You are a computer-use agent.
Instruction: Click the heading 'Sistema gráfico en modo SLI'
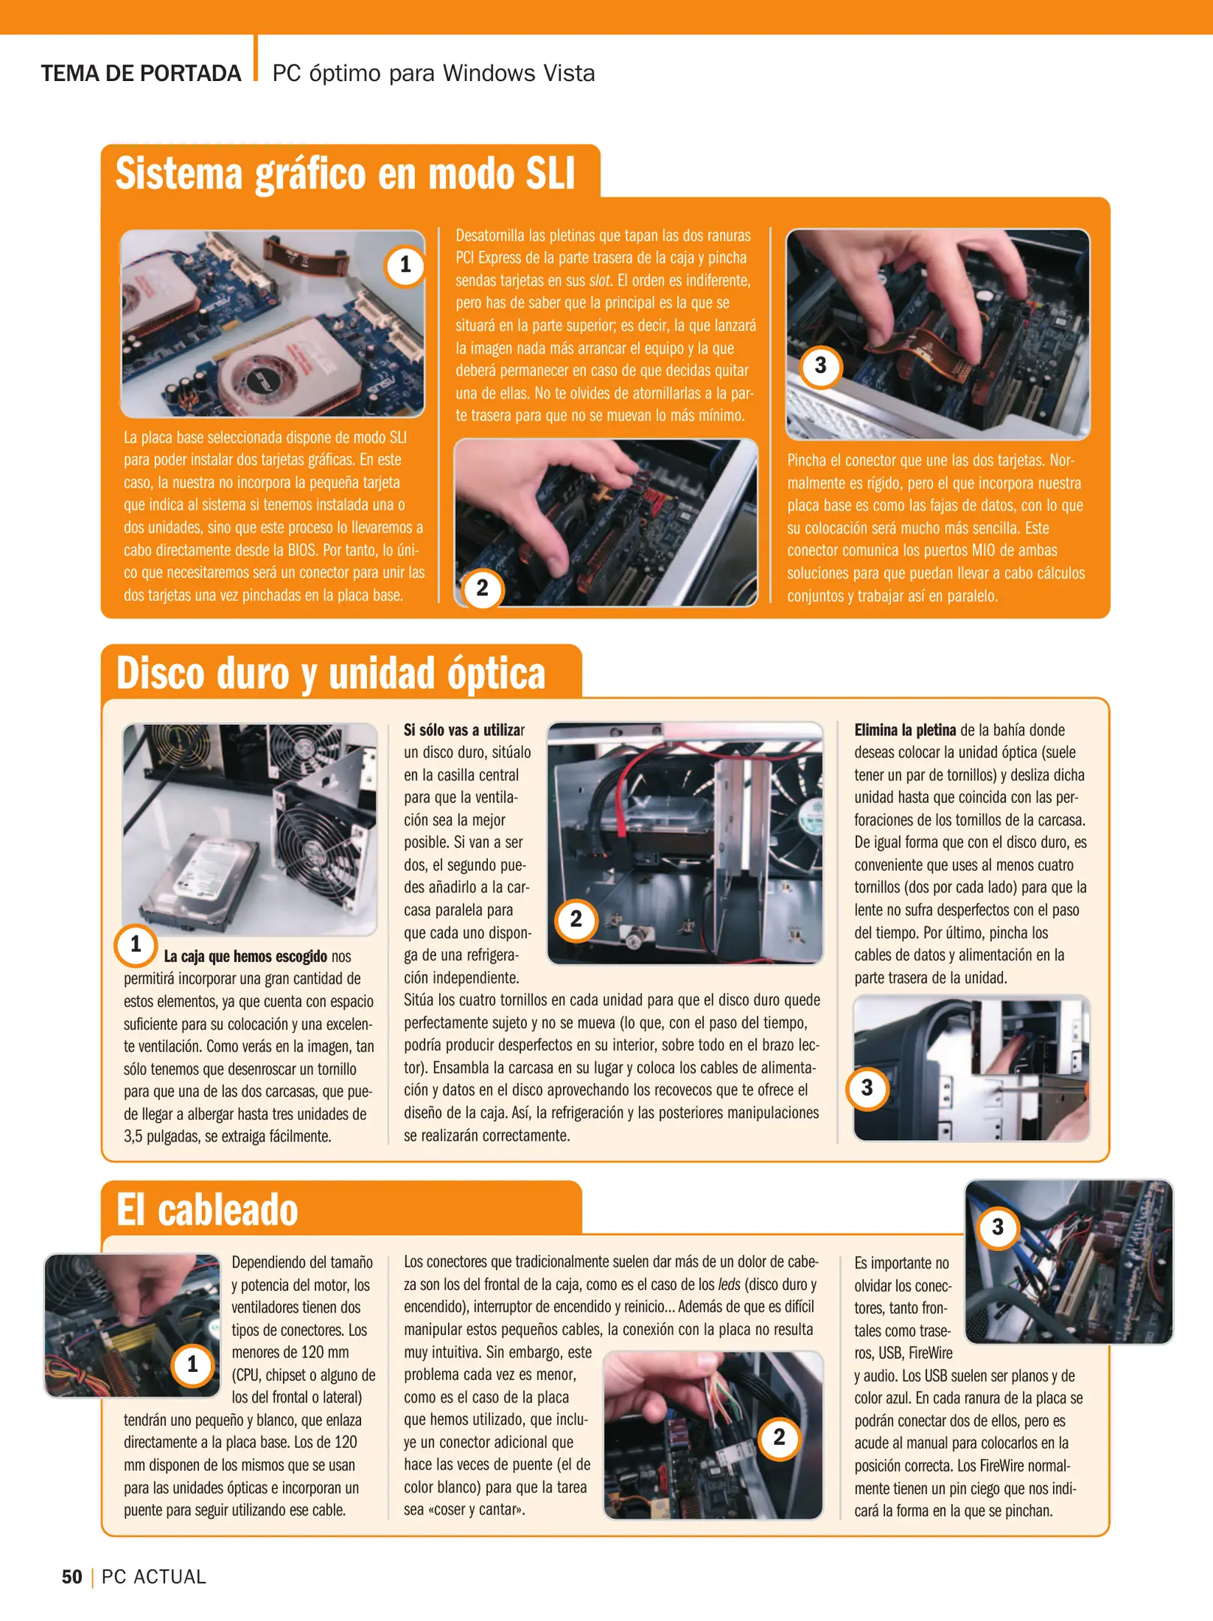[x=345, y=173]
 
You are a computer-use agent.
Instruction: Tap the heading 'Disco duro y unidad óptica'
[x=330, y=673]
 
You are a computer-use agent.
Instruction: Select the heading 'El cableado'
[x=207, y=1210]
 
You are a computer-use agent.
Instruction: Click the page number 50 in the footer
[x=72, y=1577]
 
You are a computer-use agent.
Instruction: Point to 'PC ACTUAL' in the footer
[x=154, y=1577]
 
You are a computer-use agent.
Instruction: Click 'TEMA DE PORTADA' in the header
[x=141, y=74]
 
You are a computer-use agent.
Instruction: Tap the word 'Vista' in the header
[x=569, y=74]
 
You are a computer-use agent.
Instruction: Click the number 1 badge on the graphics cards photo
[x=405, y=264]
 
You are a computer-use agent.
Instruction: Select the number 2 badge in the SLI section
[x=482, y=588]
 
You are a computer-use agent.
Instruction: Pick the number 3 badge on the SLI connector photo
[x=820, y=365]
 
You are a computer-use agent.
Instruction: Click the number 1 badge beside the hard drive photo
[x=136, y=944]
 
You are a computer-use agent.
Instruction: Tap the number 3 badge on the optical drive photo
[x=867, y=1087]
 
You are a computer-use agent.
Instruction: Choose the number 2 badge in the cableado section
[x=779, y=1437]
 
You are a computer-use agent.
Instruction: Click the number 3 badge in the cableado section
[x=998, y=1227]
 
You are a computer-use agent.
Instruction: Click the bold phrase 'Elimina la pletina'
[x=904, y=730]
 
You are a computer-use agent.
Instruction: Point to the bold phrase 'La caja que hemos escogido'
[x=245, y=957]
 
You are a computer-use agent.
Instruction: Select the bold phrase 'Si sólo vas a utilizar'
[x=464, y=730]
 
